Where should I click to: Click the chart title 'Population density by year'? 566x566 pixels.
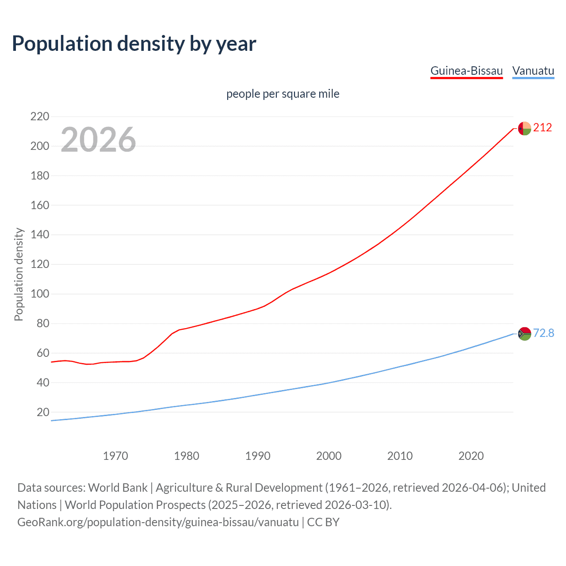coord(134,44)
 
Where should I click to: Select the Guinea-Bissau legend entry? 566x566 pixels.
coord(467,71)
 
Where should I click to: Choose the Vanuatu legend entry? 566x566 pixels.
coord(533,71)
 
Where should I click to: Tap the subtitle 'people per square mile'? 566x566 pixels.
coord(283,94)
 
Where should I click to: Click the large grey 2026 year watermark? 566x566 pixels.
coord(98,140)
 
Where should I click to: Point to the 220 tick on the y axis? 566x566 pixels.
coord(40,117)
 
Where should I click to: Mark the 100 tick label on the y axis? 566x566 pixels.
coord(40,294)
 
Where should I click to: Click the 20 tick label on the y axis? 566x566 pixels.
coord(43,412)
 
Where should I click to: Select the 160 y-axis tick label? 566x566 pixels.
coord(40,205)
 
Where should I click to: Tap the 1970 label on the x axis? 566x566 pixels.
coord(115,456)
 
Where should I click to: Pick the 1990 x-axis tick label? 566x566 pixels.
coord(258,456)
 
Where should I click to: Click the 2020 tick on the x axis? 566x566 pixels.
coord(471,456)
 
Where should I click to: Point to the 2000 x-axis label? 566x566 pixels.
coord(329,456)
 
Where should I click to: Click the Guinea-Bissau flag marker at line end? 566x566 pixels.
coord(524,128)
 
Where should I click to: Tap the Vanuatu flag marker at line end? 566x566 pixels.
coord(524,333)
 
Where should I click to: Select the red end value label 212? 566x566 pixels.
coord(543,128)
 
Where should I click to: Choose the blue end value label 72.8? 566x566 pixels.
coord(543,333)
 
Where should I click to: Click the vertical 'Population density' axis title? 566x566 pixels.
coord(19,274)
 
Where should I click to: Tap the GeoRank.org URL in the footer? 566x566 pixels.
coord(158,522)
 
